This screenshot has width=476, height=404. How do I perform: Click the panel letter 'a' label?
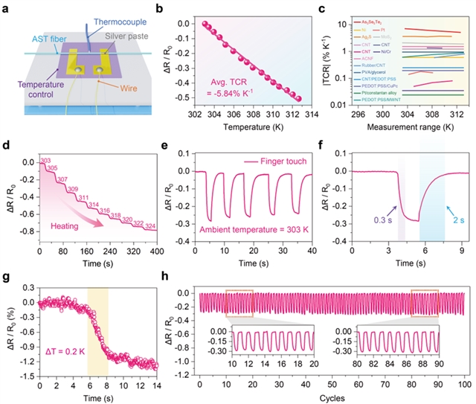tap(7, 7)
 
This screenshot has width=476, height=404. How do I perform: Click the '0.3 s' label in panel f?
tap(373, 219)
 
